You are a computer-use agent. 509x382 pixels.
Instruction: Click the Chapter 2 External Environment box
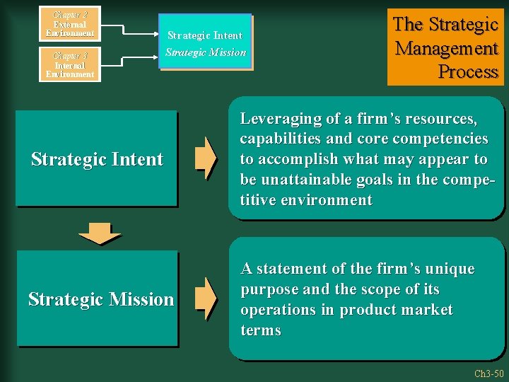[x=69, y=23]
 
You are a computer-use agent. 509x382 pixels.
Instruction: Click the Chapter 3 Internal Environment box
[x=69, y=64]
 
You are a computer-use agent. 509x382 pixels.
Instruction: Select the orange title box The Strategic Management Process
[x=445, y=47]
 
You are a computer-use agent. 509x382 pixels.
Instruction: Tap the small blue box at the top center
[x=205, y=43]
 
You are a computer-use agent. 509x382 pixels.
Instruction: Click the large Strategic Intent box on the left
[x=97, y=159]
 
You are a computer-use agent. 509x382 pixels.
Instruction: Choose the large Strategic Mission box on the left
[x=97, y=299]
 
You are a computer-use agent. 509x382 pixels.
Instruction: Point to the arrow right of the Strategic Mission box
[x=206, y=299]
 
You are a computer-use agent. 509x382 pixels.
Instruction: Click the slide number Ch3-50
[x=488, y=373]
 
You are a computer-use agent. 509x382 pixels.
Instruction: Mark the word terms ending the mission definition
[x=261, y=330]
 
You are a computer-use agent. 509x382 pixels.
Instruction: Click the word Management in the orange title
[x=447, y=48]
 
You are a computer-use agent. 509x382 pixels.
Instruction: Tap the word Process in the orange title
[x=468, y=71]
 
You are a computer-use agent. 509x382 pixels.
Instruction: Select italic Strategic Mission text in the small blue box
[x=206, y=52]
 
